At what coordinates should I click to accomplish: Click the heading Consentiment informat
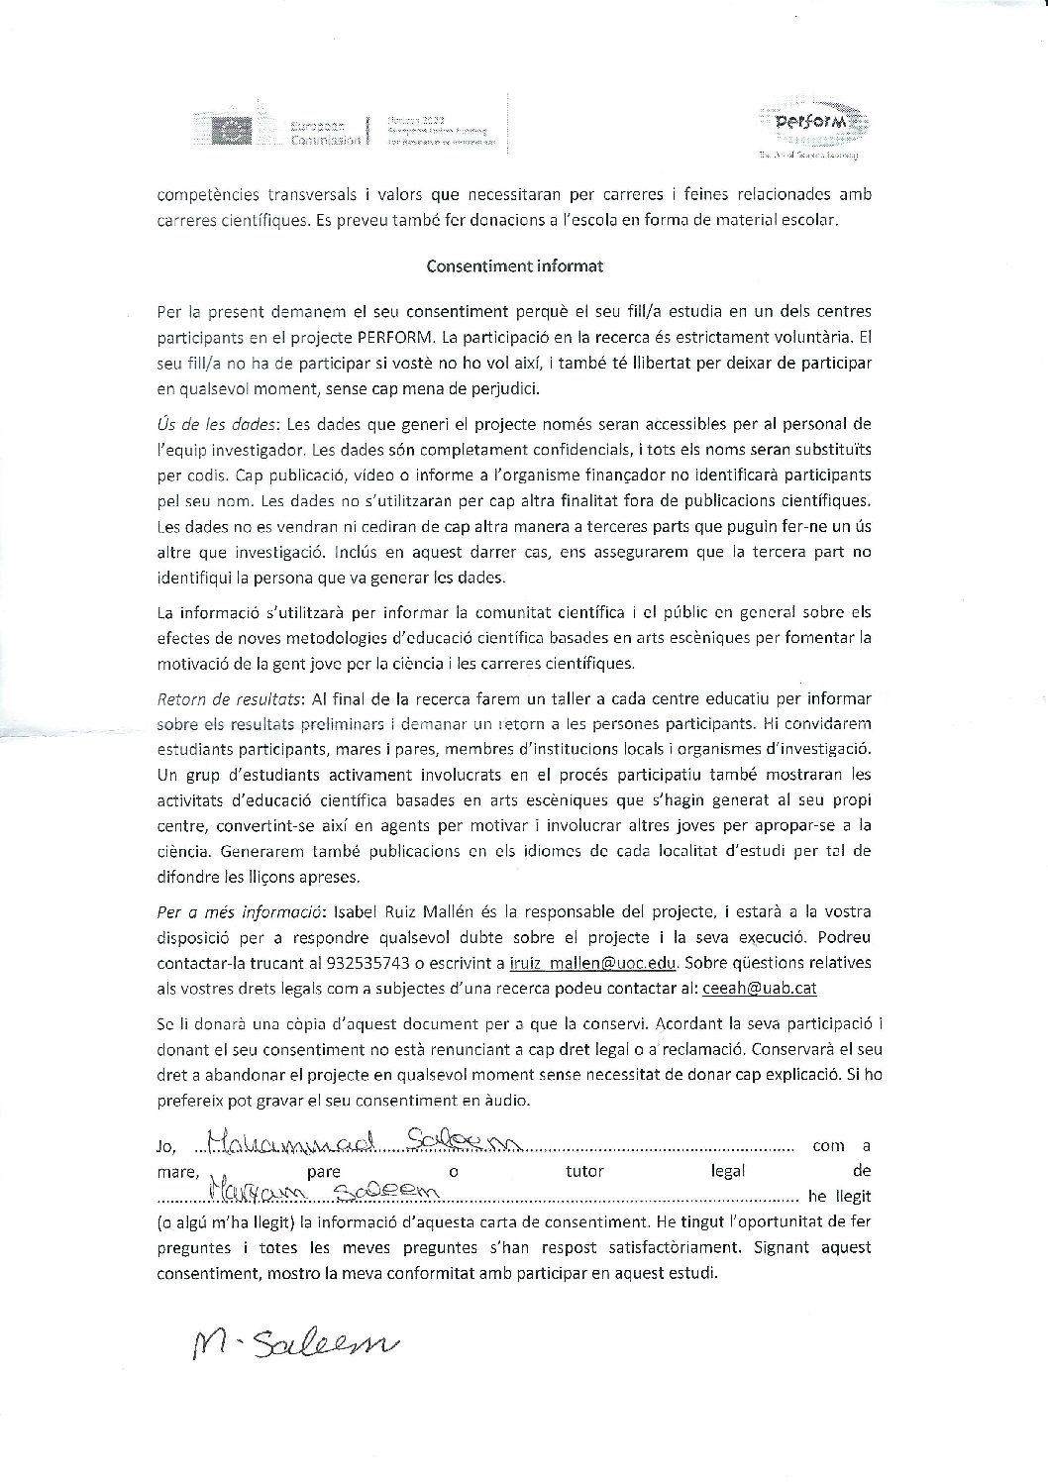pyautogui.click(x=514, y=265)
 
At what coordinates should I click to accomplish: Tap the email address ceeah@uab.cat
pyautogui.click(x=759, y=988)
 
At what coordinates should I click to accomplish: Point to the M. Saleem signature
pyautogui.click(x=294, y=1343)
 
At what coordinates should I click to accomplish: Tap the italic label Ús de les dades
pyautogui.click(x=216, y=424)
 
